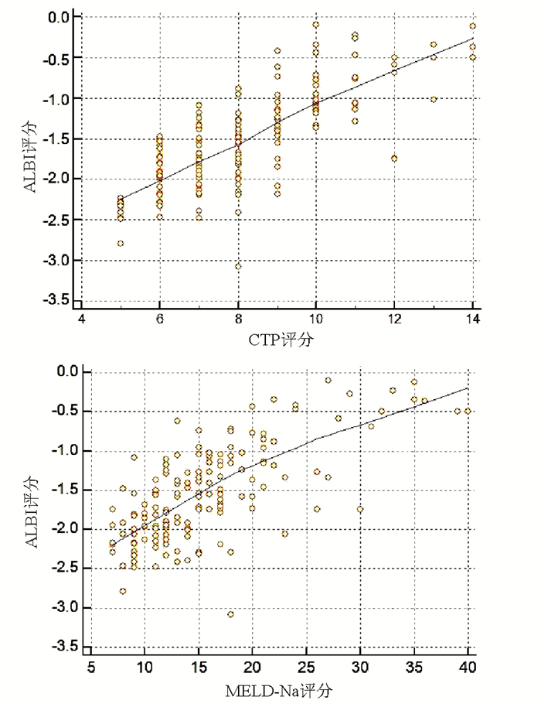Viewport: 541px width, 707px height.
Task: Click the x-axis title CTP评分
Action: pyautogui.click(x=277, y=339)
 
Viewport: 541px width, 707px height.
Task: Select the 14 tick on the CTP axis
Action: pyautogui.click(x=473, y=319)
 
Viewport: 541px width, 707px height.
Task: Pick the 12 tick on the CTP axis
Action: pyautogui.click(x=394, y=319)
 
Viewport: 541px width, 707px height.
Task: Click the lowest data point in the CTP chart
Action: pyautogui.click(x=238, y=266)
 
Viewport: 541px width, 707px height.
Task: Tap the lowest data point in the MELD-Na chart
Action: pyautogui.click(x=230, y=614)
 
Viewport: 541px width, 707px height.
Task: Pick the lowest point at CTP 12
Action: pyautogui.click(x=394, y=158)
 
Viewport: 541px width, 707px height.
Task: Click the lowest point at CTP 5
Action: pyautogui.click(x=121, y=243)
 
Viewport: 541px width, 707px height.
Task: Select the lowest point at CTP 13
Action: pyautogui.click(x=434, y=99)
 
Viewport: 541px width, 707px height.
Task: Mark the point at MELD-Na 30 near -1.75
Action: pyautogui.click(x=359, y=509)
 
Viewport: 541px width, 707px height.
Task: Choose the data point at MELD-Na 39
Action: pyautogui.click(x=457, y=411)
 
